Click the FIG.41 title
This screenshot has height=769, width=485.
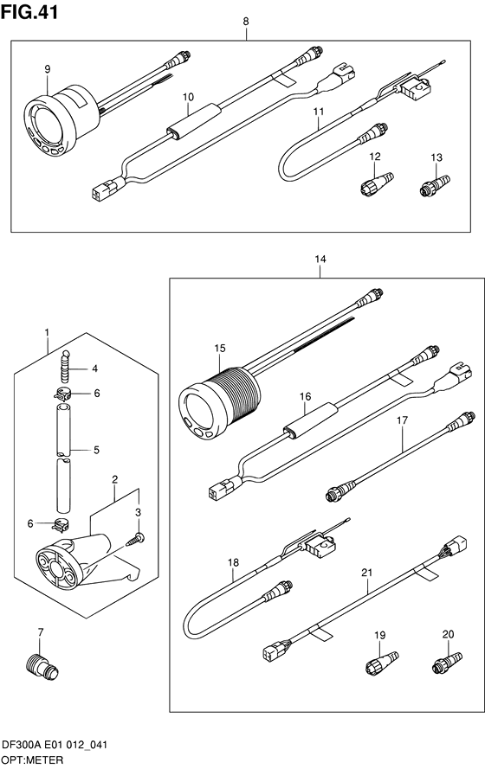[29, 12]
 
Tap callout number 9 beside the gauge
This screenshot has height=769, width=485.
[48, 69]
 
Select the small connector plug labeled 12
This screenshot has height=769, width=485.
[377, 182]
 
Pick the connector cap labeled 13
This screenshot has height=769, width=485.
[435, 185]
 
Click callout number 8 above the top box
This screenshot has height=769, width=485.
[246, 21]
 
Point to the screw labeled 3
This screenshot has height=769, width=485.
[135, 539]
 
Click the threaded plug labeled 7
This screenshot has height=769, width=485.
[42, 665]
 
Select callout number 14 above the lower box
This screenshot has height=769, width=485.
[320, 259]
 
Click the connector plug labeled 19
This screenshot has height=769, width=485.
[382, 662]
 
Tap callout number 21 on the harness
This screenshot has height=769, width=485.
[367, 573]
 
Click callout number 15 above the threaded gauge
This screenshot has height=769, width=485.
[220, 348]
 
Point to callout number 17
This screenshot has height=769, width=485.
[403, 420]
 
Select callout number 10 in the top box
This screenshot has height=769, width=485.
[189, 97]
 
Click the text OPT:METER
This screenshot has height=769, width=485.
[33, 760]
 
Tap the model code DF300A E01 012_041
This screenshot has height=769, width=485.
[55, 746]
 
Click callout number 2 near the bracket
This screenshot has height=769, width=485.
[115, 479]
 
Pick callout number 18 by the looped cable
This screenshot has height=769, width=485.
[233, 562]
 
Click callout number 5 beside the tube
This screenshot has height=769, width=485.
[96, 450]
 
